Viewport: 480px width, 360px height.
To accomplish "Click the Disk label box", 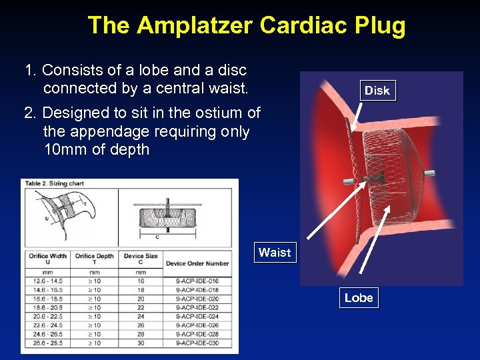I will point(377,91).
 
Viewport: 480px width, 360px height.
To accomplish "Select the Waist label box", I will point(275,253).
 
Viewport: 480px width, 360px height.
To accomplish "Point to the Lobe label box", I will point(359,298).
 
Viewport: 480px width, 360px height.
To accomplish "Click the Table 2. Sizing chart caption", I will point(54,183).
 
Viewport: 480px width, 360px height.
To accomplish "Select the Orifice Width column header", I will point(48,256).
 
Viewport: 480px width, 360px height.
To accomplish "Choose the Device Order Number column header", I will point(197,263).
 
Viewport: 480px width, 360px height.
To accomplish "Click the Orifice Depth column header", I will point(94,256).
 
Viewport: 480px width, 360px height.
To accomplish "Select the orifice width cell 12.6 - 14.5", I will point(47,281).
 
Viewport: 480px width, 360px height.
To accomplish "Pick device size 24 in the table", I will point(141,317).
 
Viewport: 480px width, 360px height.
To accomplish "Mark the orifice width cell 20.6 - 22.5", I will point(47,317).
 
